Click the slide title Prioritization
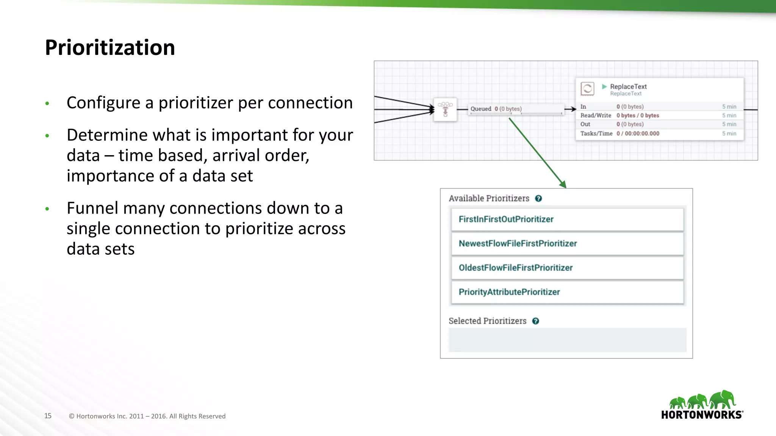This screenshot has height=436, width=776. (110, 48)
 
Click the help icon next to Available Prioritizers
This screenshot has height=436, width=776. (538, 198)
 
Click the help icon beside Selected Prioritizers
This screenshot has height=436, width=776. (535, 321)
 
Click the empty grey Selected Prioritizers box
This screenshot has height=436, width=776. (567, 340)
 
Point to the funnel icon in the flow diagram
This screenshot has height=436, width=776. (445, 109)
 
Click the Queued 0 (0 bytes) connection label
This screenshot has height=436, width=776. (496, 109)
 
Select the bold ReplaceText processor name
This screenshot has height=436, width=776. (628, 87)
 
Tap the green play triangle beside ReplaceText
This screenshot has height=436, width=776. (604, 87)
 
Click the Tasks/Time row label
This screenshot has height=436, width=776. (596, 134)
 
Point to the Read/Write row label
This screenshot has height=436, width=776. (596, 115)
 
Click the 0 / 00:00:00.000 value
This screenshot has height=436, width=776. (638, 134)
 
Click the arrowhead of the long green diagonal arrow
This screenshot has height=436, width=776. (563, 185)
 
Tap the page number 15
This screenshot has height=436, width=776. (48, 416)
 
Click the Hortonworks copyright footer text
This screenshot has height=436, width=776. (147, 416)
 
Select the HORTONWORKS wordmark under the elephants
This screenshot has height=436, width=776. (701, 415)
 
